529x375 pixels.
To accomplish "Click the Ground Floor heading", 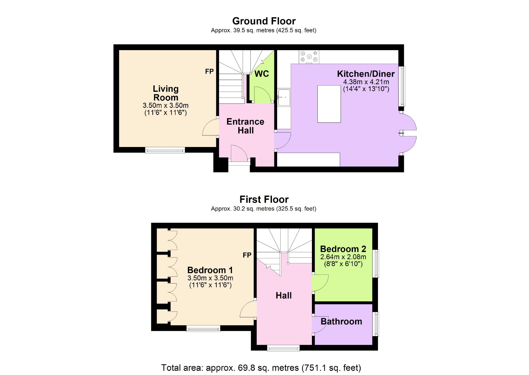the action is [264, 21].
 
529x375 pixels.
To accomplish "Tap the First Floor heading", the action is [264, 200].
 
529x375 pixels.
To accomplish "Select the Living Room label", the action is [166, 93].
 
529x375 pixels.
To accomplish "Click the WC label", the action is [262, 74].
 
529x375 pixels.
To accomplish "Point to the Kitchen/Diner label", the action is [366, 74].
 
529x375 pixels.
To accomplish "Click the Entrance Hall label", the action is [245, 126].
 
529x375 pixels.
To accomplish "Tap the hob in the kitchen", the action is [309, 57].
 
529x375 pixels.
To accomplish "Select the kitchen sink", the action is [284, 97].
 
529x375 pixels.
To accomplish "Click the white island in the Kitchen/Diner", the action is [329, 104].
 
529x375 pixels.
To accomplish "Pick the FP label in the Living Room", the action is [209, 72].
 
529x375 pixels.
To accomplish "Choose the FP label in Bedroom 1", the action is [247, 255].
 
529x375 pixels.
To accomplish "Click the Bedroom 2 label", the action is [343, 249].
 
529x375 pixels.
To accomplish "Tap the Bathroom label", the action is [341, 321].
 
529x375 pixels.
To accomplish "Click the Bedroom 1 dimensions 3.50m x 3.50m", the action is [210, 278].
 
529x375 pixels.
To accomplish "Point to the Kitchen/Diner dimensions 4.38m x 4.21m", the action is [366, 82].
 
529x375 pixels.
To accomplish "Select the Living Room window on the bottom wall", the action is [165, 150].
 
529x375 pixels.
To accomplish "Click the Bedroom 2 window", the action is [376, 263].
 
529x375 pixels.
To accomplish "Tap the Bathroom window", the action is [376, 324].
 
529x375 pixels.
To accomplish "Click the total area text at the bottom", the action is [261, 368].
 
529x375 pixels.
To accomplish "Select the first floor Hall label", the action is [284, 296].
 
